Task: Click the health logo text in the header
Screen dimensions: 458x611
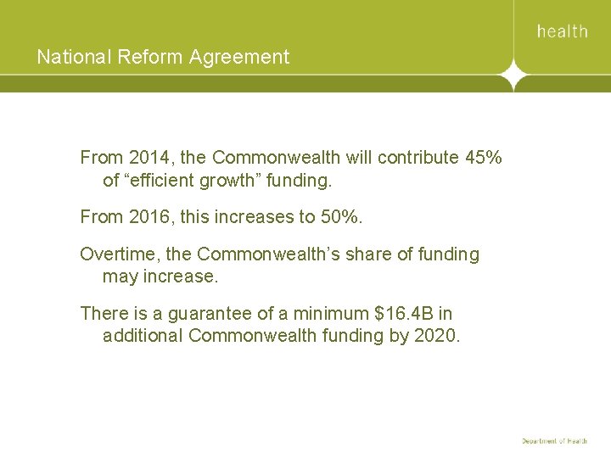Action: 562,31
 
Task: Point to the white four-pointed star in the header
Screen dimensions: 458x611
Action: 513,76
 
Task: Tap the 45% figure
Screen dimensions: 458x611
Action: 483,158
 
